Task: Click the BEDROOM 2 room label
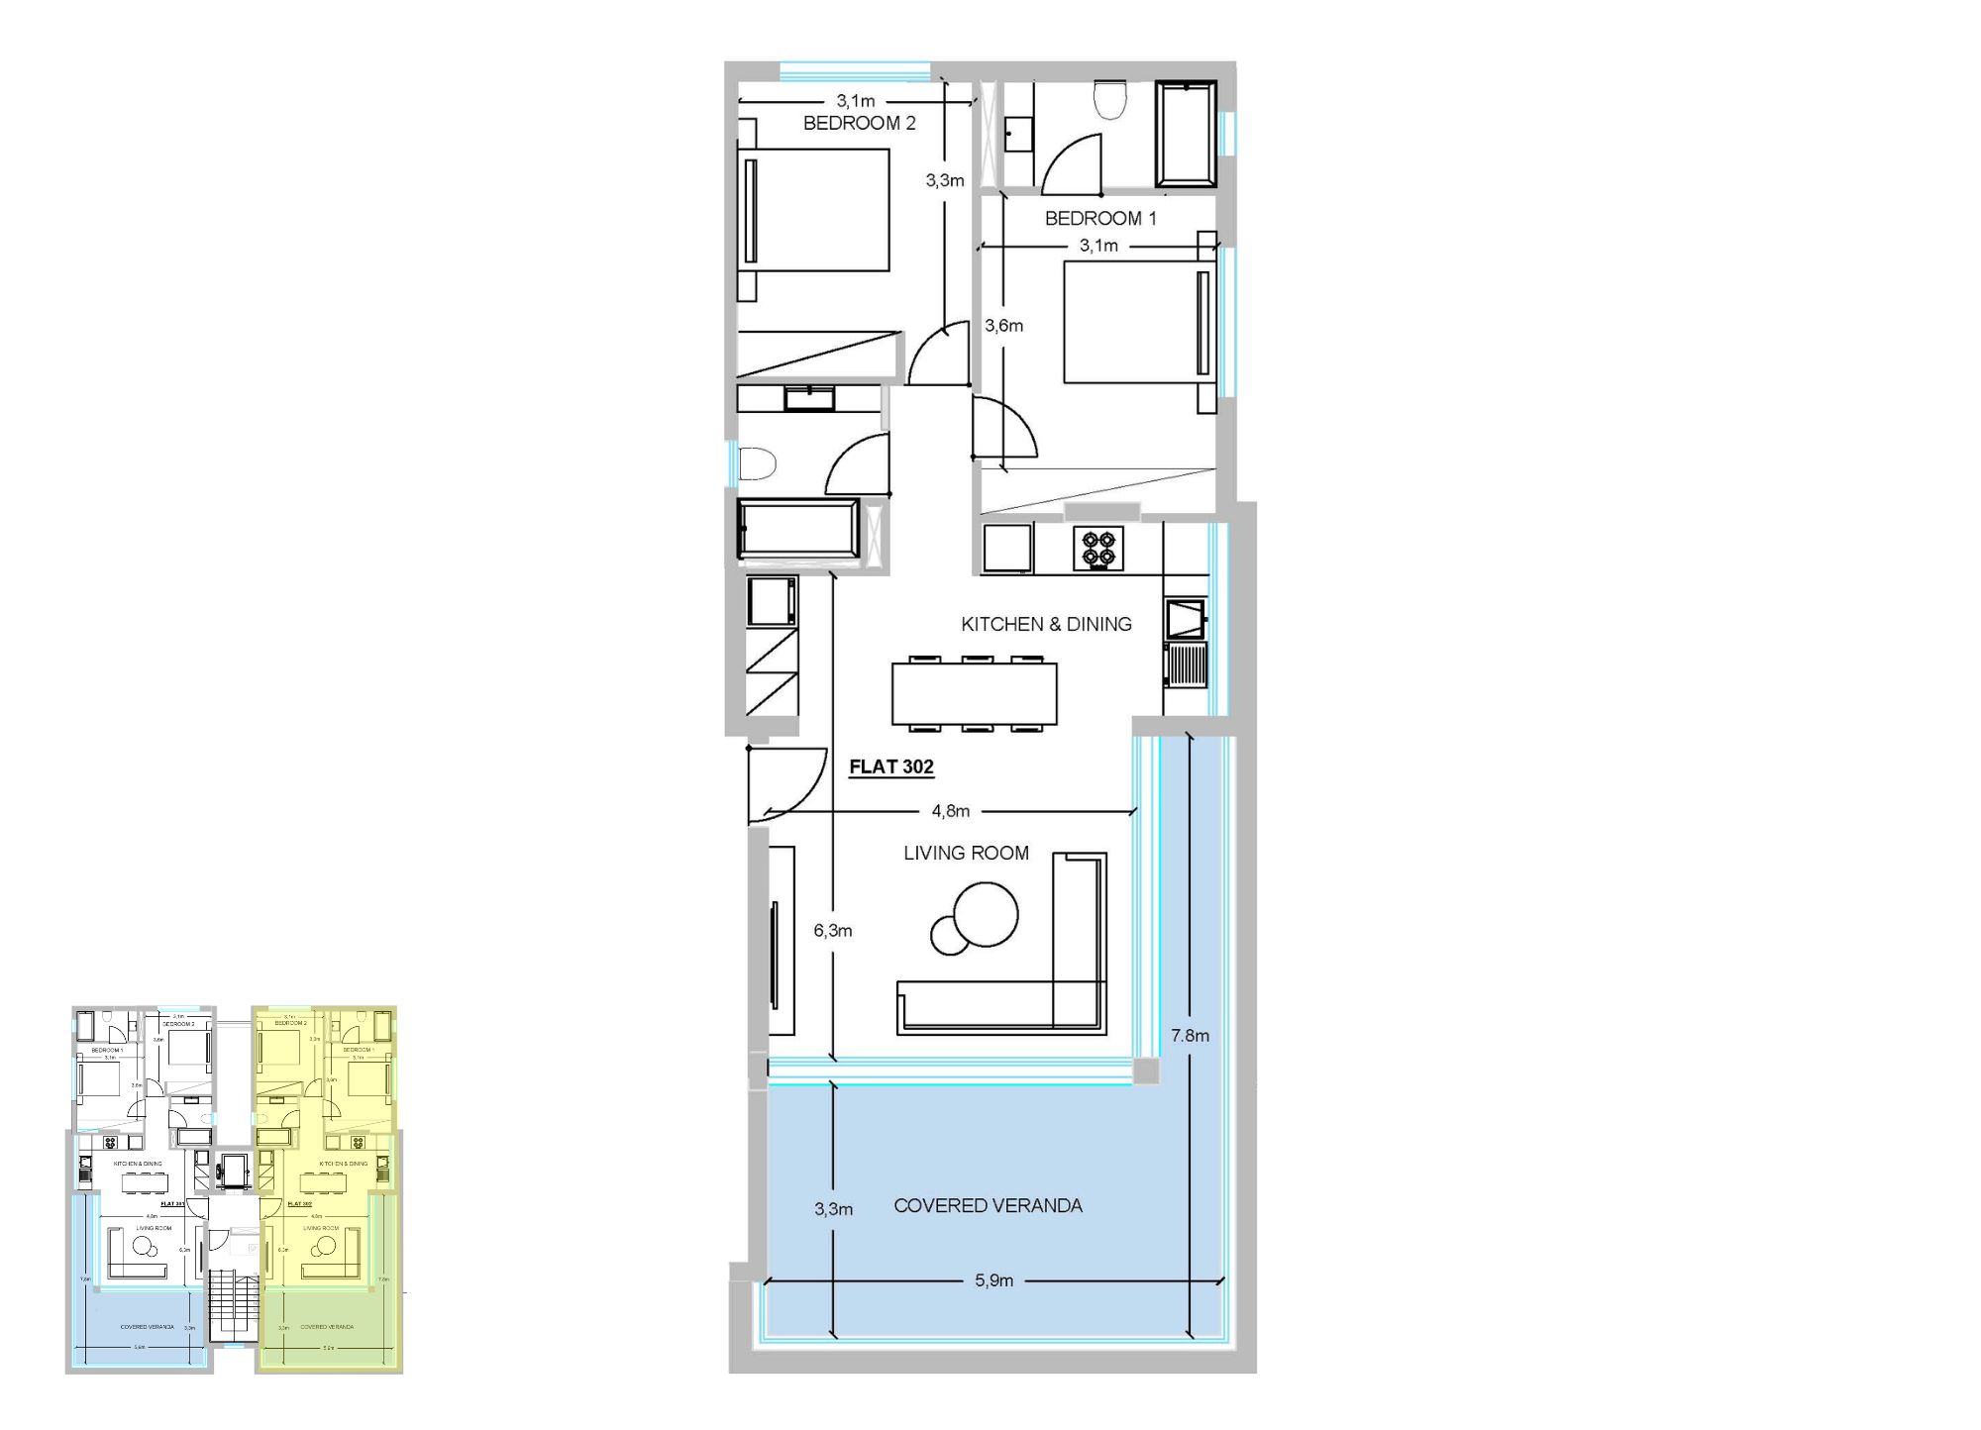click(x=859, y=123)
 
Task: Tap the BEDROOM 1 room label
click(x=1099, y=218)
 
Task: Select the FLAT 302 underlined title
click(x=890, y=766)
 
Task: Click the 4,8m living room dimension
click(x=950, y=811)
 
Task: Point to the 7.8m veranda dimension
click(x=1190, y=1036)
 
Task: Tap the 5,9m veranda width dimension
click(x=993, y=1280)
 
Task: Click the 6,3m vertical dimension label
click(x=832, y=931)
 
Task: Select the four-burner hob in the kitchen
click(x=1098, y=549)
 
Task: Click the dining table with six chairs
click(x=974, y=694)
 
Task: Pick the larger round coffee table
click(x=986, y=914)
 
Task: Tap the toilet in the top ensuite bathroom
click(x=1110, y=99)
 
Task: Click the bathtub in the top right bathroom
click(x=1186, y=135)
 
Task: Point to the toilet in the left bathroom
click(x=757, y=463)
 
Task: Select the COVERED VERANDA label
click(x=988, y=1206)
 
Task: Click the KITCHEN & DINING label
click(x=1046, y=624)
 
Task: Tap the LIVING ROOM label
click(x=966, y=853)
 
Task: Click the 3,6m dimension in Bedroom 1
click(x=1003, y=326)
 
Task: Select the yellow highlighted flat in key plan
click(x=327, y=1188)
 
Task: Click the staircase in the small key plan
click(x=234, y=1307)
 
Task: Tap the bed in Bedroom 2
click(x=814, y=210)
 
